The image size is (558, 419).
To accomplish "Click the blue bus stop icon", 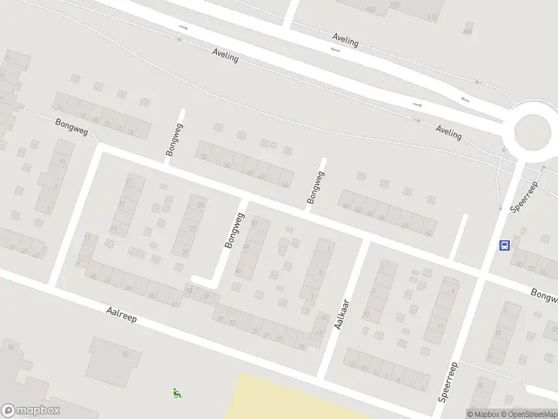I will click(x=504, y=245).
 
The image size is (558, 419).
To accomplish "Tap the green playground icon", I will click(x=176, y=393).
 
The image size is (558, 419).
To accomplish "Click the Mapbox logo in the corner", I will click(x=31, y=411).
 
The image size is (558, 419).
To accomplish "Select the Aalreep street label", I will click(x=121, y=316).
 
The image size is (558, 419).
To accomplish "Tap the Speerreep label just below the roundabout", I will click(x=525, y=198).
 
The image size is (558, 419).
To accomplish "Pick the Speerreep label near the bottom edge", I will click(x=446, y=383).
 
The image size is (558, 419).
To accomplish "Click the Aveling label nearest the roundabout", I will click(x=448, y=132).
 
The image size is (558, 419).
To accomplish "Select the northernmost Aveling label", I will click(x=345, y=41).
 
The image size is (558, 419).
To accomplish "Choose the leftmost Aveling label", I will click(x=225, y=56).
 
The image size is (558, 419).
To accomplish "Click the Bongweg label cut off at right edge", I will click(x=545, y=296).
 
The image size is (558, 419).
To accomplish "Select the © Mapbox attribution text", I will click(x=483, y=414).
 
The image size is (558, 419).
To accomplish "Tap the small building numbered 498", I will click(x=467, y=31).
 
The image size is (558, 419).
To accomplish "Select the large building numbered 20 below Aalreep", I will click(x=115, y=360).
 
